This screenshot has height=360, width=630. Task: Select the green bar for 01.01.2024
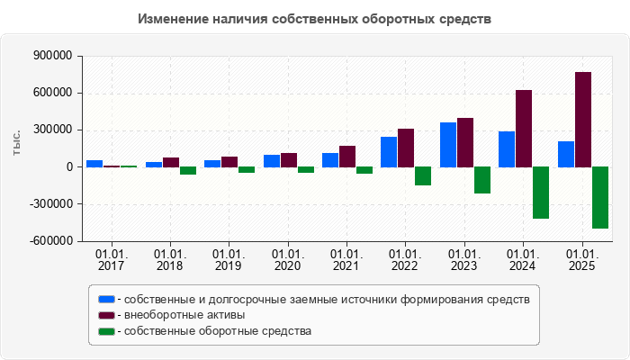[541, 193]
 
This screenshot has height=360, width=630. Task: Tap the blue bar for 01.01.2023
[447, 145]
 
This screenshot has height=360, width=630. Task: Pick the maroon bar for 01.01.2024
[524, 129]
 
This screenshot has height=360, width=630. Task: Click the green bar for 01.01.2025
[600, 197]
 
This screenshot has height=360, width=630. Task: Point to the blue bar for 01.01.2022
[389, 152]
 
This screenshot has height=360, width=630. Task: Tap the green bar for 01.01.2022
[423, 176]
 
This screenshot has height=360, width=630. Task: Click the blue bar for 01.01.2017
[94, 164]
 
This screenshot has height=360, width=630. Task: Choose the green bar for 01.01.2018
[188, 170]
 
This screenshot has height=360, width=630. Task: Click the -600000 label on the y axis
[51, 241]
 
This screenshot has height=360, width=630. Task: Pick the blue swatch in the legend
[107, 299]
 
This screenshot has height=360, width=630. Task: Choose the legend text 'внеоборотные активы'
[184, 315]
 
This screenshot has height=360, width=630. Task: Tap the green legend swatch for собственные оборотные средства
[107, 331]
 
